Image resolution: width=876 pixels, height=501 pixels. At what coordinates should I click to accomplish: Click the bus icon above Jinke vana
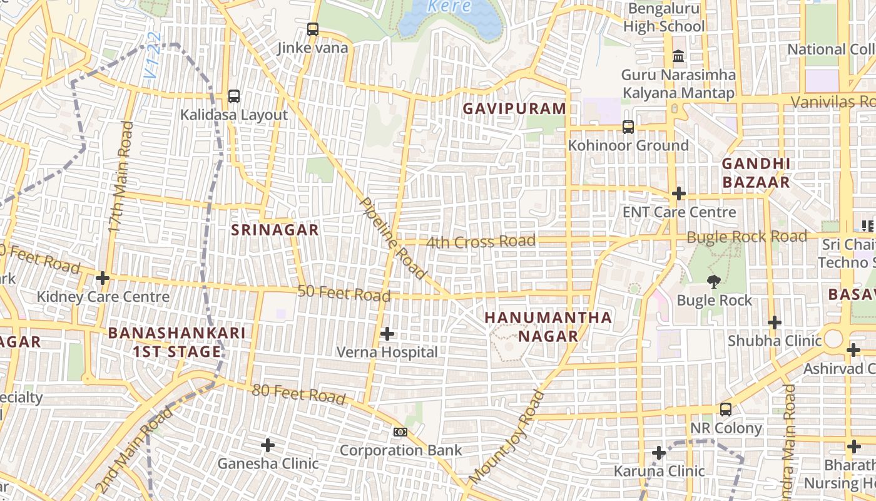pos(313,29)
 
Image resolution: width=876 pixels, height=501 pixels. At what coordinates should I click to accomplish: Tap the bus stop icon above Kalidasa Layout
pos(234,96)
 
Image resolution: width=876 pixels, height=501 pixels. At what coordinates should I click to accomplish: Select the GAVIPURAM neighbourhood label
pos(514,108)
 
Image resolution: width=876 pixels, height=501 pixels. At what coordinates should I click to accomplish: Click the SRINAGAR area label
pos(275,230)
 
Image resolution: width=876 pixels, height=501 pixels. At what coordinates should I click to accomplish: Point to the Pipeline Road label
pos(394,239)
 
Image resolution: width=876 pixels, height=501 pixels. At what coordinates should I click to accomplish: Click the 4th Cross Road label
pos(481,241)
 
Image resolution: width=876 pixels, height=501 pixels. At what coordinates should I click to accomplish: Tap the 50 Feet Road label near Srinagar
pos(344,292)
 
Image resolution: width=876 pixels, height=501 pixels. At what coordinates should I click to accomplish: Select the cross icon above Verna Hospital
pos(387,334)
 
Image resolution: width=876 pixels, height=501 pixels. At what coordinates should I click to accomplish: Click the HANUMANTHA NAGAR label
pos(548,326)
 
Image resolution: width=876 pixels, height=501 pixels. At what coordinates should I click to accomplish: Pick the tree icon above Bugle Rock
pos(713,281)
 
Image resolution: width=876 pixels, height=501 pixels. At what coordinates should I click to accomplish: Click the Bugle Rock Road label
pos(746,237)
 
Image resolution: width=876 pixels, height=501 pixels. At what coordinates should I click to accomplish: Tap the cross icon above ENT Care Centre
pos(679,194)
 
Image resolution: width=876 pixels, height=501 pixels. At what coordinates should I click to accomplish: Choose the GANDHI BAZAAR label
pos(756,173)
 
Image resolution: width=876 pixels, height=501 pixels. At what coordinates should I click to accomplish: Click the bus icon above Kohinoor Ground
pos(628,127)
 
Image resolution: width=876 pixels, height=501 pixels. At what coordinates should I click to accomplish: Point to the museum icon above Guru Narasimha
pos(678,56)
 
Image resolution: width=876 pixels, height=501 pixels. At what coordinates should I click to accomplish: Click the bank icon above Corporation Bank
pos(400,432)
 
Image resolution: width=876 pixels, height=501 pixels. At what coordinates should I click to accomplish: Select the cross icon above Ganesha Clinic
pos(268,445)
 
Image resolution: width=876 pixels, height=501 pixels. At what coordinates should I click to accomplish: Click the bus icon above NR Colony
pos(726,410)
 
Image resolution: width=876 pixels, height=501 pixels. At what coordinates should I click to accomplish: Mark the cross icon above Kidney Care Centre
pos(103,277)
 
